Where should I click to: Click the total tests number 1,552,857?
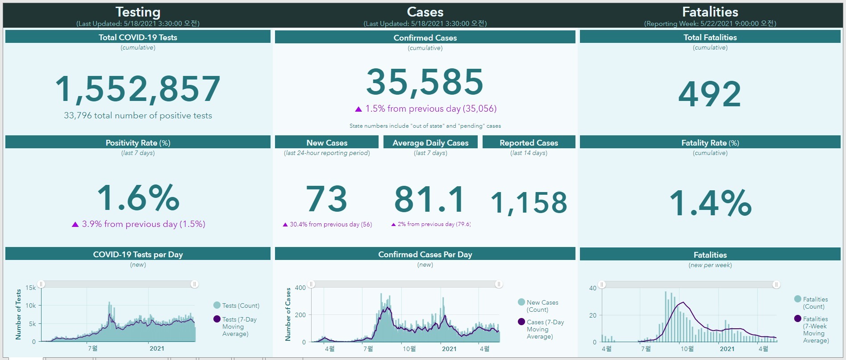click(138, 88)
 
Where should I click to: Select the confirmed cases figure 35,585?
click(425, 82)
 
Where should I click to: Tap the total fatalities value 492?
click(709, 94)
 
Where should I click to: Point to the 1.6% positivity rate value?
click(138, 197)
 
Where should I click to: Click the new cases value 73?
click(326, 199)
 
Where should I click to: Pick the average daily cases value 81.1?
click(430, 199)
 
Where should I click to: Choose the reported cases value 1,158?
click(529, 203)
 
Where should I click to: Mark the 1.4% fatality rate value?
click(710, 203)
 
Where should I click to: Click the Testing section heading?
click(138, 12)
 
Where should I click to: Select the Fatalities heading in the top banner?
click(710, 12)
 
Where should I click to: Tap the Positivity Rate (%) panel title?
click(138, 143)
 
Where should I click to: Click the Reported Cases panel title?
click(529, 143)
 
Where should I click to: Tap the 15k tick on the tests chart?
click(30, 288)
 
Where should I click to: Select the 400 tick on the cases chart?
click(300, 288)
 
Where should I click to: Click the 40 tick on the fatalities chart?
click(592, 288)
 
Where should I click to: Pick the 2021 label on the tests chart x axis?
click(157, 348)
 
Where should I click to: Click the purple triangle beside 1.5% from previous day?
click(358, 109)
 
